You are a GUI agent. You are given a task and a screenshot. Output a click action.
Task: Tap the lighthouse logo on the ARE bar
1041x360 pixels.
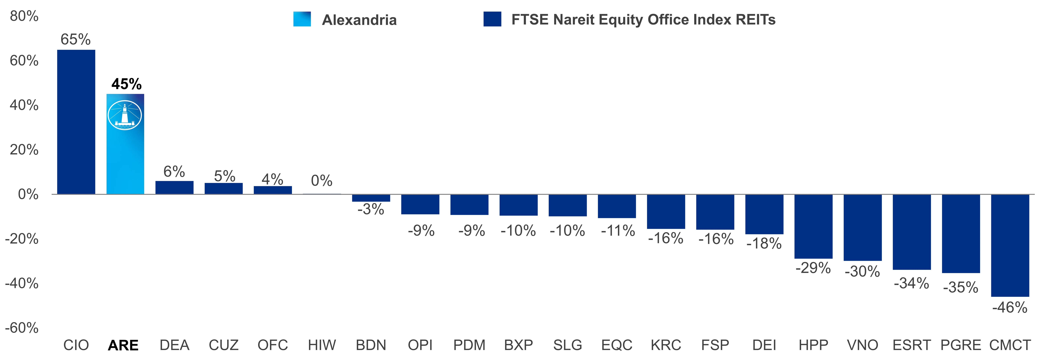(125, 115)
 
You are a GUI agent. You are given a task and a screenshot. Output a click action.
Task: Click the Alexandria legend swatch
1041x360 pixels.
(302, 19)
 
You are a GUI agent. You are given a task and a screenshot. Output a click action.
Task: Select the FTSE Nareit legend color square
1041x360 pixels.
(492, 19)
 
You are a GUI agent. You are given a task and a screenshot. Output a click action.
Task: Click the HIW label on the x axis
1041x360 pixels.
(322, 345)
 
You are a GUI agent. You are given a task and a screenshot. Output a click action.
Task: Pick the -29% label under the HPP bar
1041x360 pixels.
(813, 268)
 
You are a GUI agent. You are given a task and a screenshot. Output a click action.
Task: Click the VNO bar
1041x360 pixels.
(862, 228)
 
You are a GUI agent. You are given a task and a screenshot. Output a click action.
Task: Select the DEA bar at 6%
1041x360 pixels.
(174, 187)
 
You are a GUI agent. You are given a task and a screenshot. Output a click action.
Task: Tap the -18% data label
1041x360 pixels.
(764, 243)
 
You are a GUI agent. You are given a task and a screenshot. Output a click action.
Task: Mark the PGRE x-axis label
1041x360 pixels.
(961, 345)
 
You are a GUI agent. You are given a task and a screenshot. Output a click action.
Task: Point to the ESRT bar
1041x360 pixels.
(912, 232)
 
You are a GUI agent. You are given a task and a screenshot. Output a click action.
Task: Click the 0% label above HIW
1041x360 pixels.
(322, 181)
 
